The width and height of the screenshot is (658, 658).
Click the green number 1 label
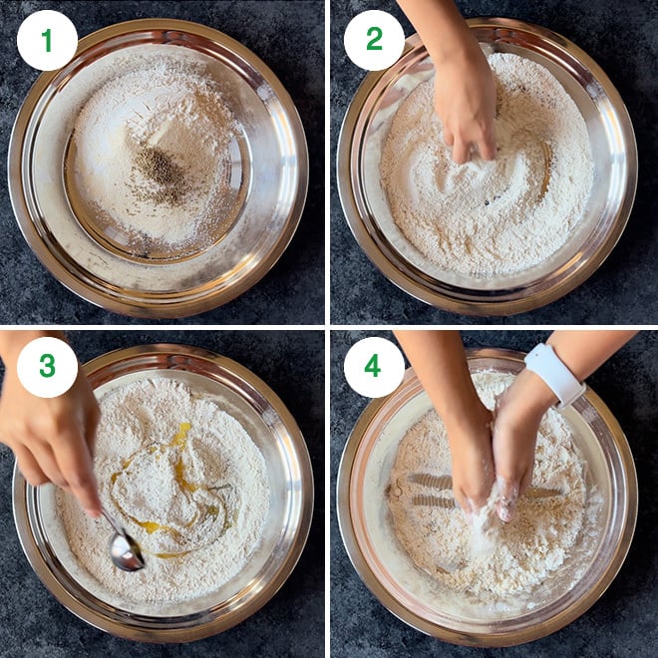tap(47, 40)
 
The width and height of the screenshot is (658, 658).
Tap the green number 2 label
tap(374, 39)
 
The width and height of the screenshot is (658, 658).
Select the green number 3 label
tap(47, 366)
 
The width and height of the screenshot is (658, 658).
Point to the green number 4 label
tap(373, 366)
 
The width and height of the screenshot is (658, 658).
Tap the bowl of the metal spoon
tap(126, 553)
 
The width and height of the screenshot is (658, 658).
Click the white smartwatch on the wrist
tap(554, 375)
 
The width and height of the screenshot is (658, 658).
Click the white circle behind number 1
tap(47, 40)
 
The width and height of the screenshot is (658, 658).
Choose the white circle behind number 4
tap(374, 367)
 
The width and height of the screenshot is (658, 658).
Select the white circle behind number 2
tap(374, 40)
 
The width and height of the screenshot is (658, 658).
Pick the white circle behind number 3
tap(47, 367)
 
